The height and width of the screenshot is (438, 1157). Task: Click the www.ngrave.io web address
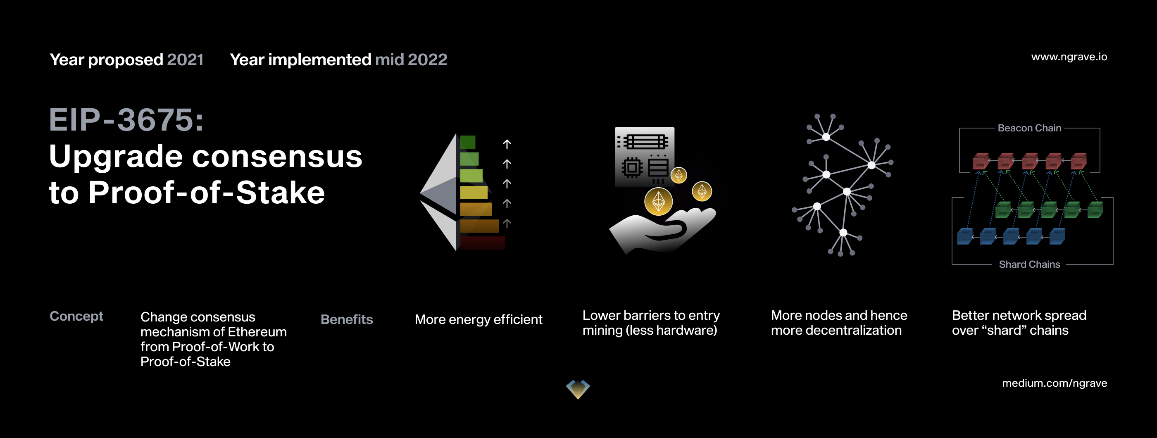[1069, 57]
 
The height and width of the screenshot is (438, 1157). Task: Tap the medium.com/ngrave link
[1054, 383]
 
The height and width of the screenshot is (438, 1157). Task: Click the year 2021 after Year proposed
[185, 60]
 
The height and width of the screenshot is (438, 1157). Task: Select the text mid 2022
[411, 60]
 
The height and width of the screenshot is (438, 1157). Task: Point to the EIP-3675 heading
[126, 120]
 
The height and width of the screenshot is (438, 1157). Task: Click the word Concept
[76, 316]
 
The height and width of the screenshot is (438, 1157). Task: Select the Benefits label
[347, 319]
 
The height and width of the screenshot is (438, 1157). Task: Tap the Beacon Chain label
[1029, 128]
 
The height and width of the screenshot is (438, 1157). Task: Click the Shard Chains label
[1029, 264]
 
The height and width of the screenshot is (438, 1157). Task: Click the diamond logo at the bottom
[578, 389]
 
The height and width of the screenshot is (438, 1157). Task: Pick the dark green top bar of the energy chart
[468, 142]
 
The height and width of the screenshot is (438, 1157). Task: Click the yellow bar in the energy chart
[474, 193]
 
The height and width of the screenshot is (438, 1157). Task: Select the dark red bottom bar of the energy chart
[482, 243]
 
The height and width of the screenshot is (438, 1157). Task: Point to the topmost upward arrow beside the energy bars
[507, 144]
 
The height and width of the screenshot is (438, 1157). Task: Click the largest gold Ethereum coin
[658, 201]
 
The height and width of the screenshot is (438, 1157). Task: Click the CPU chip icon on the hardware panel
[632, 168]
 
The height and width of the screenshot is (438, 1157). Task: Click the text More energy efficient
[479, 319]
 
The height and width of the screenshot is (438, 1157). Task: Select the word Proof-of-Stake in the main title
[207, 193]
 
